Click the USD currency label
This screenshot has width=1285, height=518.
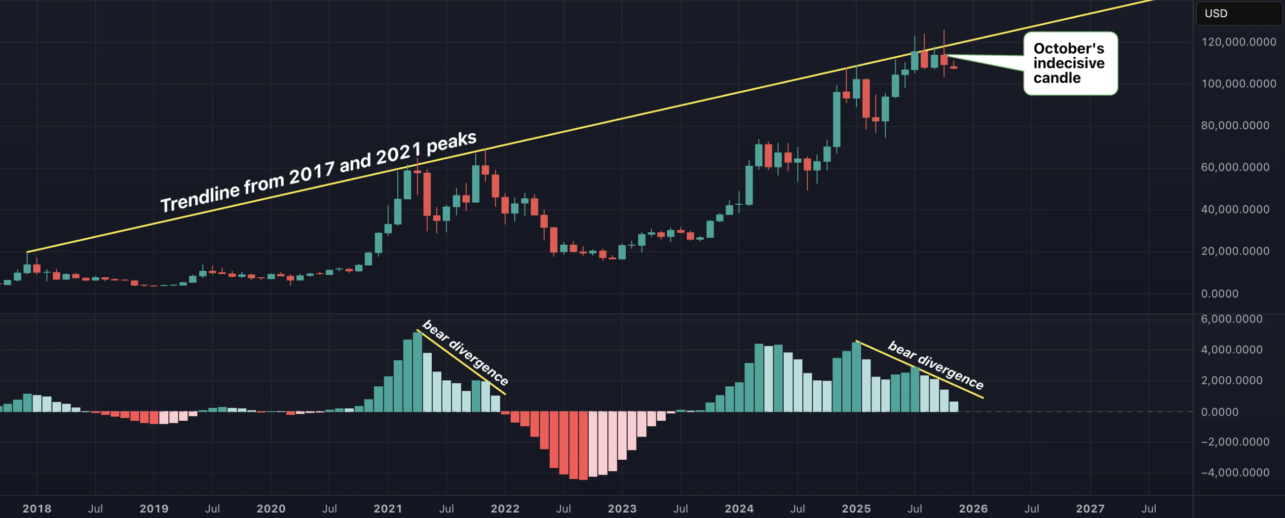click(1215, 13)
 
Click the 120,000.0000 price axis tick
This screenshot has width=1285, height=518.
click(1238, 42)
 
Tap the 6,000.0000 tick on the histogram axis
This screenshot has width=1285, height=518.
click(1231, 319)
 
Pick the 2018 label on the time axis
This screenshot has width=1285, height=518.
click(37, 509)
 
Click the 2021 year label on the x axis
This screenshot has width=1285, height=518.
click(387, 509)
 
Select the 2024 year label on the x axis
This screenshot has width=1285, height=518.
click(739, 509)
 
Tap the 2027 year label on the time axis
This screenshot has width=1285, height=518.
click(1090, 509)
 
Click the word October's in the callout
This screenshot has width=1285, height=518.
click(1068, 48)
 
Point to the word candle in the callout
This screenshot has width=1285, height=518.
click(1057, 78)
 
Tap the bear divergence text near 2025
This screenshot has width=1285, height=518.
click(936, 366)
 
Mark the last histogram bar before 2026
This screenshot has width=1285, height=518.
click(953, 407)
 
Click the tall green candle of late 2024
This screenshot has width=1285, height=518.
click(836, 119)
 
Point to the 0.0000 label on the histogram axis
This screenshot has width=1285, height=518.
click(1219, 412)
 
